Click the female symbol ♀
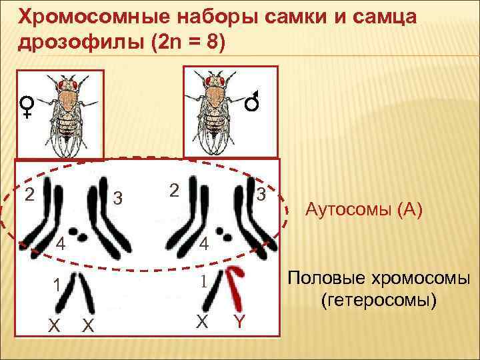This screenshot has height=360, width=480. tap(27, 106)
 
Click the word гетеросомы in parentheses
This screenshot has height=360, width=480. tap(379, 301)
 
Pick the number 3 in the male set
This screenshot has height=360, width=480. tap(262, 195)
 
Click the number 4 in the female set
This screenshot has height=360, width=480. tap(60, 243)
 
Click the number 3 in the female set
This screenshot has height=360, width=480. tap(116, 198)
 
